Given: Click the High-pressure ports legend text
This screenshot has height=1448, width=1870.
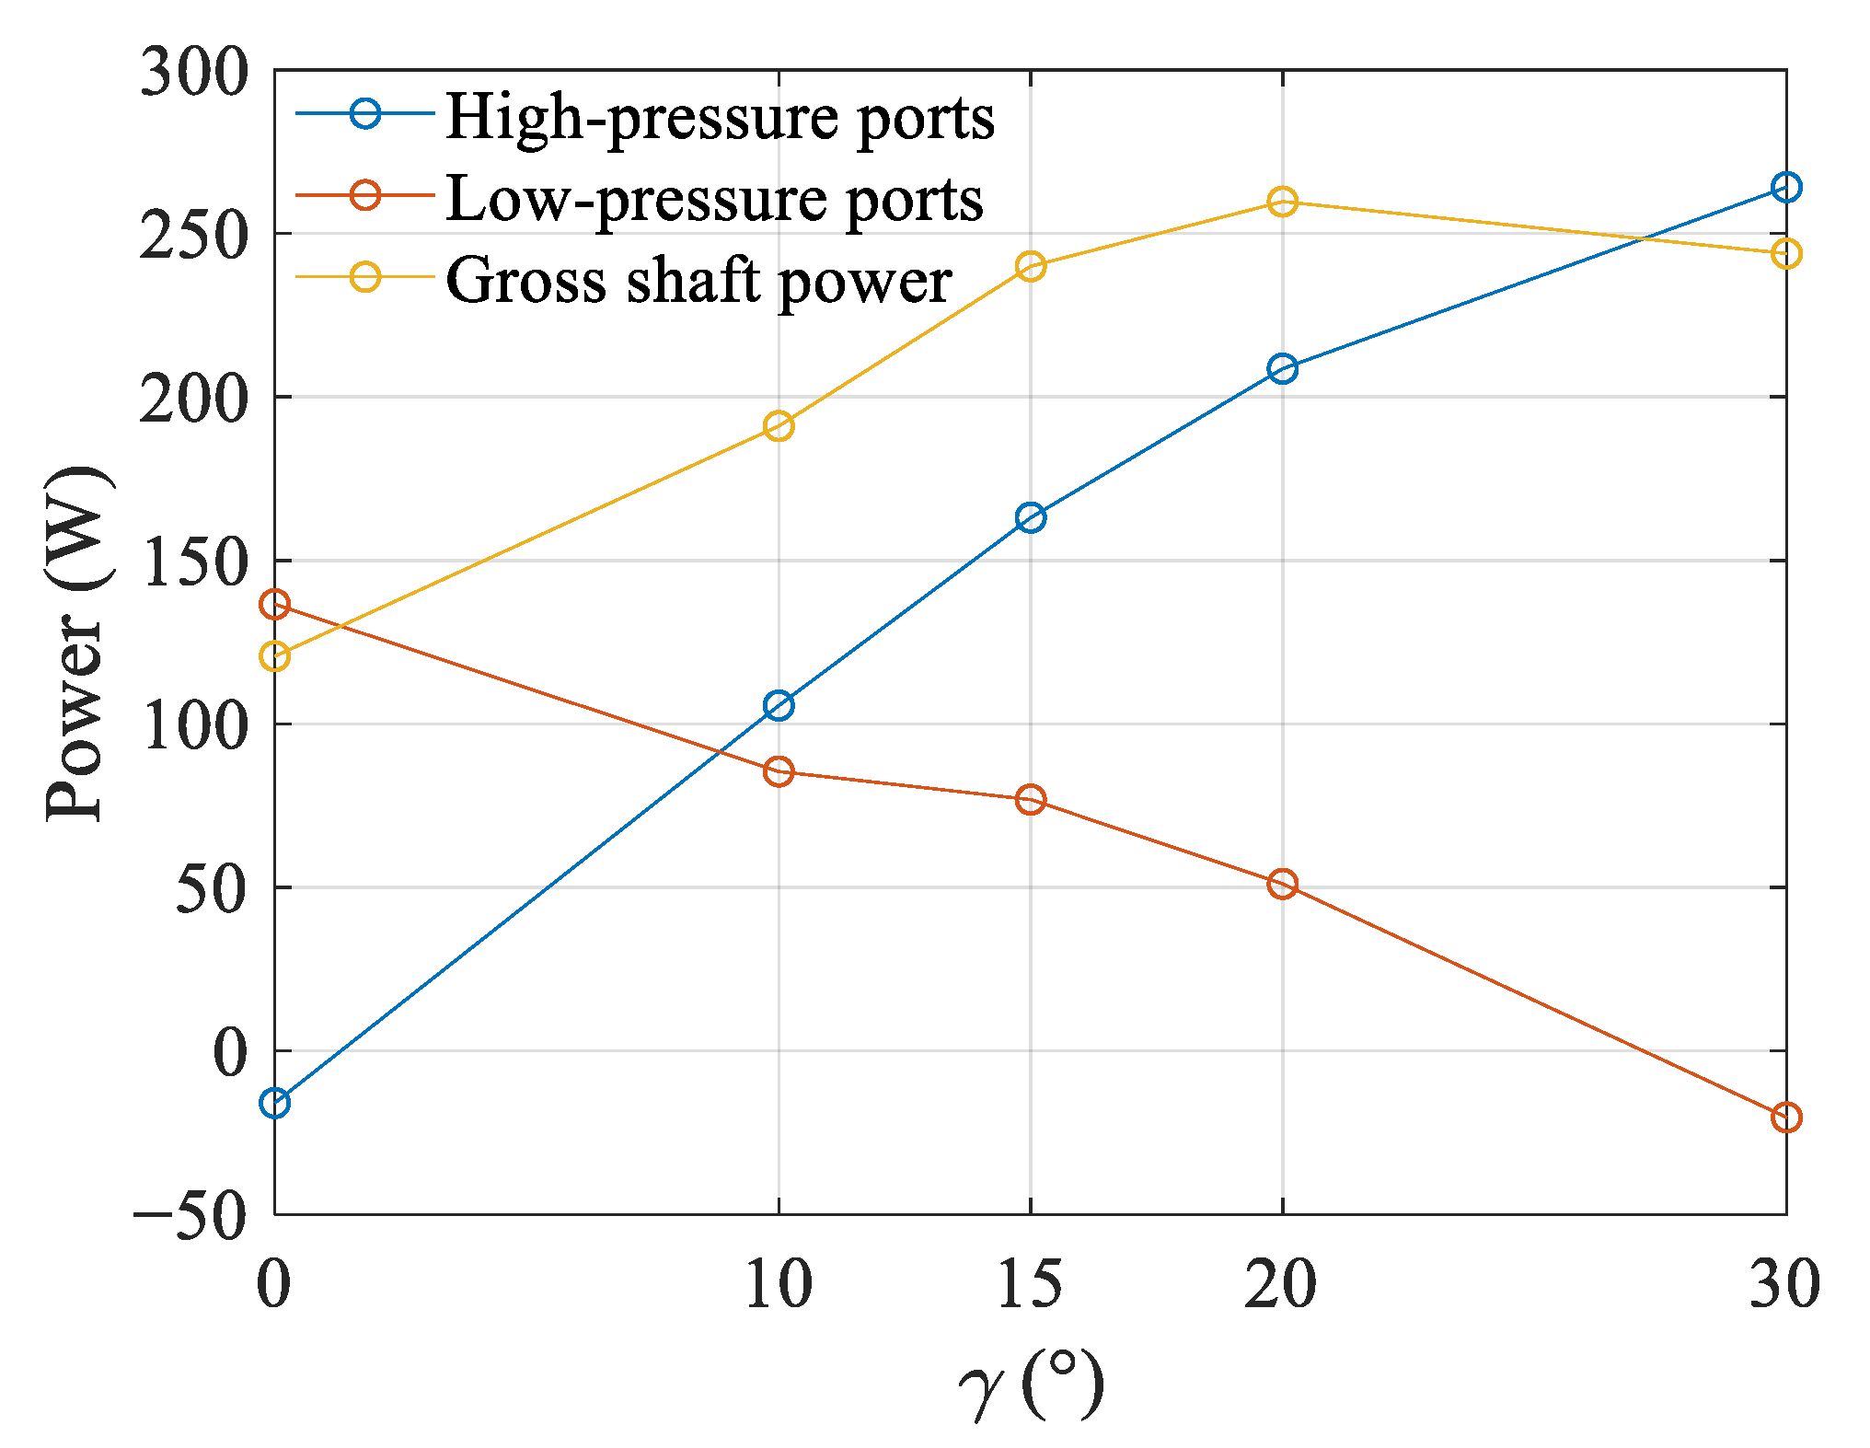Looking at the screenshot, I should pyautogui.click(x=720, y=119).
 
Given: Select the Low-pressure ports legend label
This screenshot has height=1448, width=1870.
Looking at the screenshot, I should pyautogui.click(x=714, y=200).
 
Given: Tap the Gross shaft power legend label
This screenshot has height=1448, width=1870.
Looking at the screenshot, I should pyautogui.click(x=698, y=280).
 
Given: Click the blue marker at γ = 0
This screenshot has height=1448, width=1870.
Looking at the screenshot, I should pyautogui.click(x=274, y=1103).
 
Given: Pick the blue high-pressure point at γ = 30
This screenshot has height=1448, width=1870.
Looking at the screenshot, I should pyautogui.click(x=1785, y=188).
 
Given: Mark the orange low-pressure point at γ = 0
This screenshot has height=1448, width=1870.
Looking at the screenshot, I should pyautogui.click(x=274, y=605).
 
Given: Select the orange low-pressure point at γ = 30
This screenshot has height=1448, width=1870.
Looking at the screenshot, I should pyautogui.click(x=1785, y=1118).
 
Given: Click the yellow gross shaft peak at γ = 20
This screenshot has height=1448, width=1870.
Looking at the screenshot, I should pyautogui.click(x=1282, y=202).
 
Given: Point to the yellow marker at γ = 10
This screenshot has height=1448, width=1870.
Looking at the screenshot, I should pyautogui.click(x=779, y=426).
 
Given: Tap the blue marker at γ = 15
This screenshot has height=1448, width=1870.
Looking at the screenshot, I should pyautogui.click(x=1030, y=517).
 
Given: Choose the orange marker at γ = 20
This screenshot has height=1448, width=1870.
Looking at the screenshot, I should pyautogui.click(x=1282, y=884).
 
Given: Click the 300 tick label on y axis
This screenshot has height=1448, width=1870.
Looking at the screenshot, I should pyautogui.click(x=194, y=73).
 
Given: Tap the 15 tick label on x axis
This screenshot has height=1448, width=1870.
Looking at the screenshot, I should pyautogui.click(x=1030, y=1283).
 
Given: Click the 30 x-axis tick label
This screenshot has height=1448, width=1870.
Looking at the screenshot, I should pyautogui.click(x=1783, y=1283).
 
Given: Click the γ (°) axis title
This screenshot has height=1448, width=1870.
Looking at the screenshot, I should pyautogui.click(x=1030, y=1384).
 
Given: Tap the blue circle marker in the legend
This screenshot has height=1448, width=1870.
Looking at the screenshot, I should pyautogui.click(x=365, y=114).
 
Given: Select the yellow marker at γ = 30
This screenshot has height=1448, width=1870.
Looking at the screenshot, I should pyautogui.click(x=1785, y=254).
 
